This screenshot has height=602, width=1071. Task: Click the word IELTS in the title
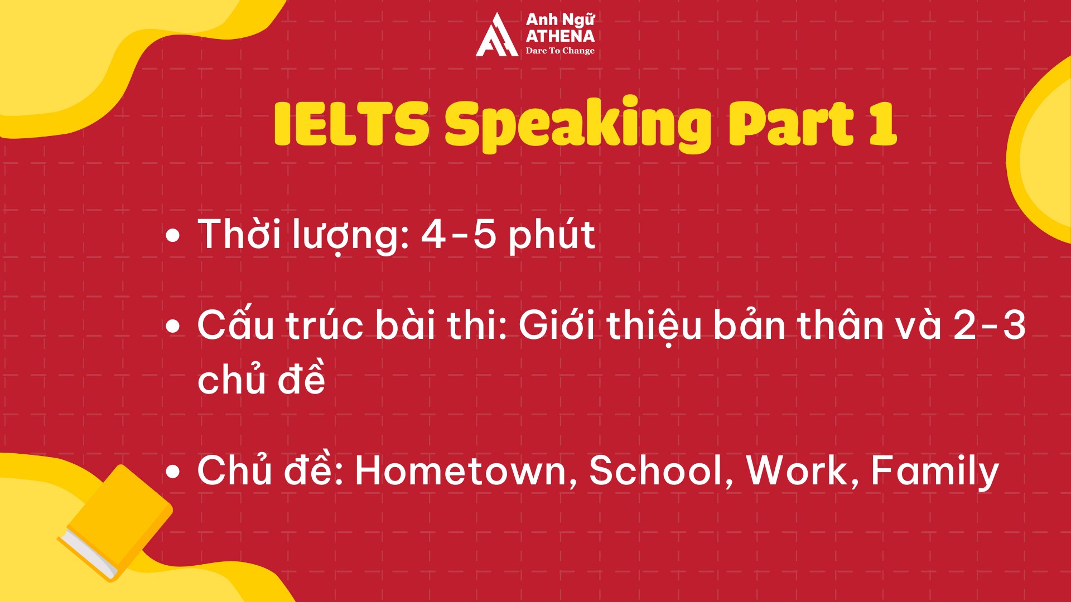tap(351, 124)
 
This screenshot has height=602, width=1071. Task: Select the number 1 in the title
tap(882, 124)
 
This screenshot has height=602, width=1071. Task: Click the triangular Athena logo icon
tap(496, 35)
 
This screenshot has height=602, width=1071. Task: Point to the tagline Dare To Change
tap(560, 51)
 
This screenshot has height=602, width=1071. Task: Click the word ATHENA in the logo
tap(560, 36)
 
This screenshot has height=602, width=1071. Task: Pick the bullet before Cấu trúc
tap(173, 327)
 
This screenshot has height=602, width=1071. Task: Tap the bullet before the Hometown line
tap(173, 472)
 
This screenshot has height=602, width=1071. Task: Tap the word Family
tap(934, 472)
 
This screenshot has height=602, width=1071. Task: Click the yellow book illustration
tap(115, 523)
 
